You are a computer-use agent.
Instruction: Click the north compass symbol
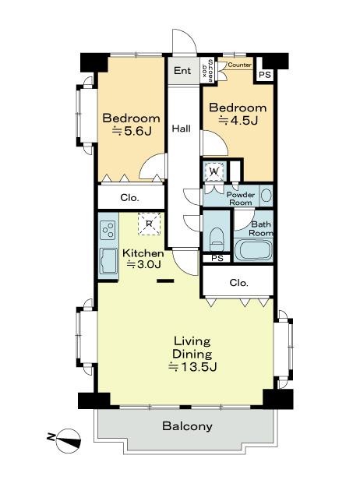pyautogui.click(x=68, y=441)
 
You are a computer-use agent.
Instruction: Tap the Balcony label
pyautogui.click(x=187, y=426)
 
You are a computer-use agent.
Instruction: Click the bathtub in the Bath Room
pyautogui.click(x=253, y=250)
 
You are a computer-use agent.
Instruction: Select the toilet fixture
pyautogui.click(x=217, y=239)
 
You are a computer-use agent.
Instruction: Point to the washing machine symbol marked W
pyautogui.click(x=214, y=171)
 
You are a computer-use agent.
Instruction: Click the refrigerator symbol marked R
pyautogui.click(x=149, y=224)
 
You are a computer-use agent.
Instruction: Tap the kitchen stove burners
pyautogui.click(x=108, y=230)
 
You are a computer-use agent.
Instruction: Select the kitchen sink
pyautogui.click(x=108, y=261)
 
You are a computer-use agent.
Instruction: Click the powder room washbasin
pyautogui.click(x=266, y=196)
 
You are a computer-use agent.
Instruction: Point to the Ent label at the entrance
pyautogui.click(x=182, y=71)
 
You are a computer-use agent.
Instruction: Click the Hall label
pyautogui.click(x=182, y=129)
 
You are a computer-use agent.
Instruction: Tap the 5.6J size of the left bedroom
pyautogui.click(x=132, y=132)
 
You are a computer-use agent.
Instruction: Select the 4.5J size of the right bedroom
pyautogui.click(x=238, y=121)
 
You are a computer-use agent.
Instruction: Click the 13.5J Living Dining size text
pyautogui.click(x=192, y=366)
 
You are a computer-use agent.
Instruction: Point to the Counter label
pyautogui.click(x=240, y=65)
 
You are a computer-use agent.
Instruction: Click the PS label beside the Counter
pyautogui.click(x=265, y=75)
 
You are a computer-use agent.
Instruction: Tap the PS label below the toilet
pyautogui.click(x=217, y=259)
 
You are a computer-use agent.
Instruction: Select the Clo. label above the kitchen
pyautogui.click(x=129, y=198)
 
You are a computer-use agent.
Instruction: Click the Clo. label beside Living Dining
pyautogui.click(x=238, y=283)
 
